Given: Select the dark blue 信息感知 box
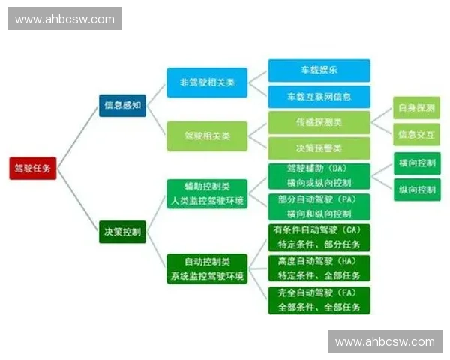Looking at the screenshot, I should click(x=122, y=105).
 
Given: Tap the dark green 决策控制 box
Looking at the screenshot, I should click(x=122, y=232).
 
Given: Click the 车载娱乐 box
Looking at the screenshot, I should click(x=319, y=70).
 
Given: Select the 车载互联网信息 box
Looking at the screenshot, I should click(x=319, y=96).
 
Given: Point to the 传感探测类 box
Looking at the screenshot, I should click(x=319, y=121).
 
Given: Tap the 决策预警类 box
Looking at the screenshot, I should click(x=319, y=147).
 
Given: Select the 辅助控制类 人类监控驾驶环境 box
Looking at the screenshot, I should click(x=207, y=192).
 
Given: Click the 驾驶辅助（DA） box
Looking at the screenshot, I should click(x=319, y=175).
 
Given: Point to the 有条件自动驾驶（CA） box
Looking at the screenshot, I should click(x=319, y=238).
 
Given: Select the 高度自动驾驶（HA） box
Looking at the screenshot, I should click(x=319, y=268).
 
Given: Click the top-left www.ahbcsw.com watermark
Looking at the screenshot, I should click(x=65, y=19).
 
